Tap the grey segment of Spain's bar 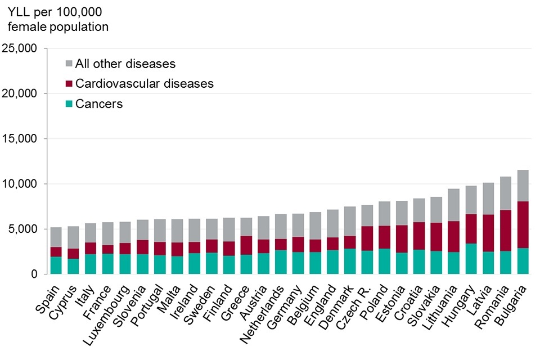click(x=56, y=237)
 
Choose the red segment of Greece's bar click(x=246, y=245)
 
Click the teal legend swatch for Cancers click(x=69, y=104)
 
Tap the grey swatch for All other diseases click(x=69, y=64)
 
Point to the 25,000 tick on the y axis click(x=20, y=48)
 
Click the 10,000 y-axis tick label click(x=20, y=184)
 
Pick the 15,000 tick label click(x=20, y=139)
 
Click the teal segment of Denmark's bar click(x=350, y=262)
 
